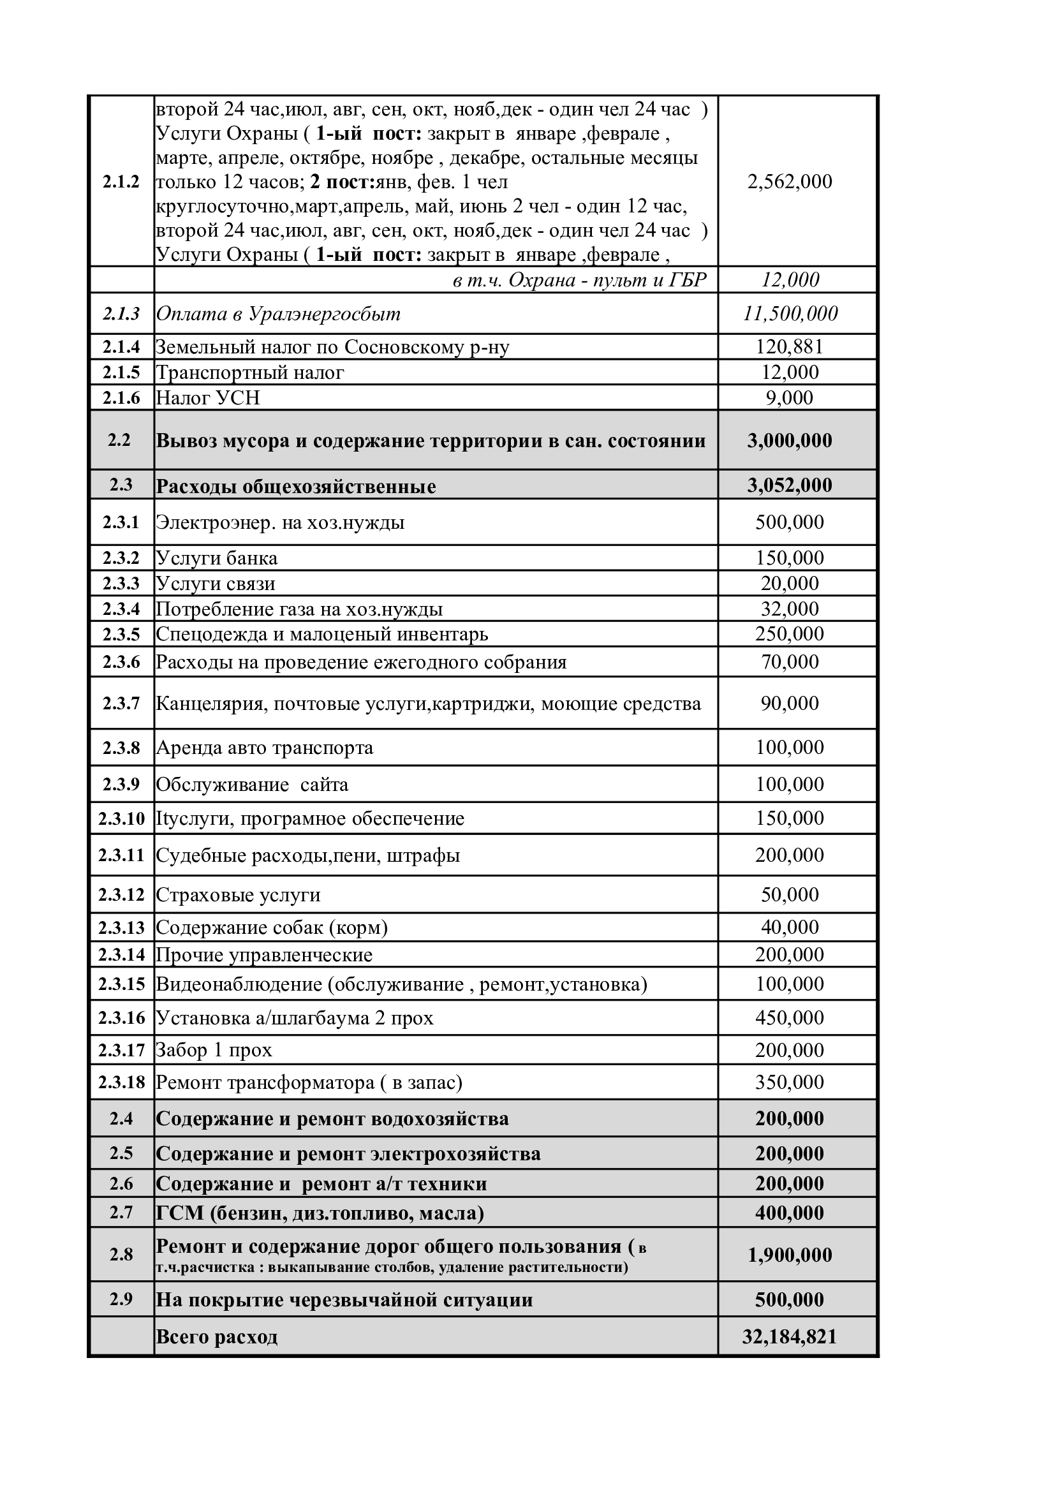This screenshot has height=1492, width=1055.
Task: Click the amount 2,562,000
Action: pos(789,181)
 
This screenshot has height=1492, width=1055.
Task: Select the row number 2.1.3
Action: pos(121,314)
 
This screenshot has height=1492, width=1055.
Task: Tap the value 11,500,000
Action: pos(790,314)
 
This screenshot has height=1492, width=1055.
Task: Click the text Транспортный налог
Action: pos(249,373)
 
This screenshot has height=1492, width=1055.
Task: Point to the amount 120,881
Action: pos(789,347)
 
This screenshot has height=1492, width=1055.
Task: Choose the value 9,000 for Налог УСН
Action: pos(789,397)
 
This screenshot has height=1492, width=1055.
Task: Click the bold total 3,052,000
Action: pos(789,485)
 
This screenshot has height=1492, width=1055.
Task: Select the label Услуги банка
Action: pos(216,558)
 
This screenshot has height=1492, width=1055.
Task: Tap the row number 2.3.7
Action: pos(121,703)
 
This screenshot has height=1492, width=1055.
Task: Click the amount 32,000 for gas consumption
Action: pos(789,609)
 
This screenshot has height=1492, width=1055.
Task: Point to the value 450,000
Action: pos(789,1017)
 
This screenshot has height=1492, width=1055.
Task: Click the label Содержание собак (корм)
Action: pos(272,927)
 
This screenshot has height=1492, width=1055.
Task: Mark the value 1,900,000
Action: pos(789,1255)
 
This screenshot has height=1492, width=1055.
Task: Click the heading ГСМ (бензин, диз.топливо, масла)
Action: pos(320,1213)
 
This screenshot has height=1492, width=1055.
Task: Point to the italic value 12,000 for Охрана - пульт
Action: pos(790,280)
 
